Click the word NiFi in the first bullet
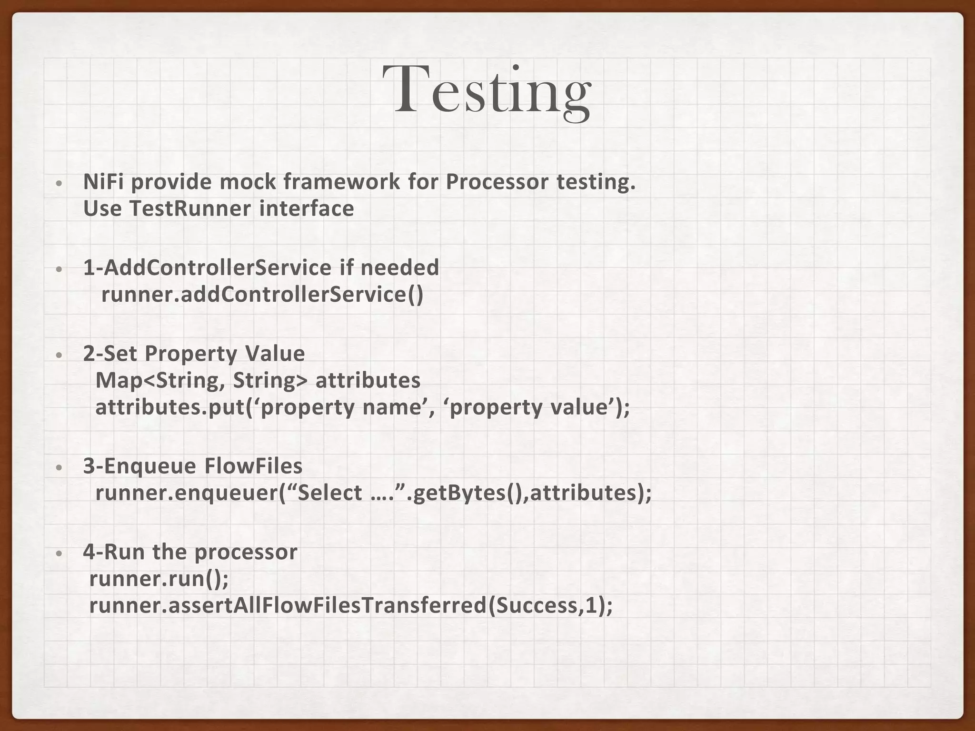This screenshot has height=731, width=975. point(103,182)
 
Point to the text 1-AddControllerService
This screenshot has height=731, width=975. point(207,267)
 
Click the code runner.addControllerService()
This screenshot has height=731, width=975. point(262,295)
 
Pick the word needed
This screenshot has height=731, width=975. point(399,267)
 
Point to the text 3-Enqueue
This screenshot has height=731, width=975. point(140,466)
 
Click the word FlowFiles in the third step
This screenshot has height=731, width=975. point(253,466)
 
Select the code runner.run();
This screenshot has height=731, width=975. point(159,579)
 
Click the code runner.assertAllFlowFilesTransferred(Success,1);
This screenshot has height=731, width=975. point(351,606)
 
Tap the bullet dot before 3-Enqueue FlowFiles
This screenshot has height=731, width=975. point(59,467)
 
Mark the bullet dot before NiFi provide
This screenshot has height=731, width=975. point(59,183)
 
